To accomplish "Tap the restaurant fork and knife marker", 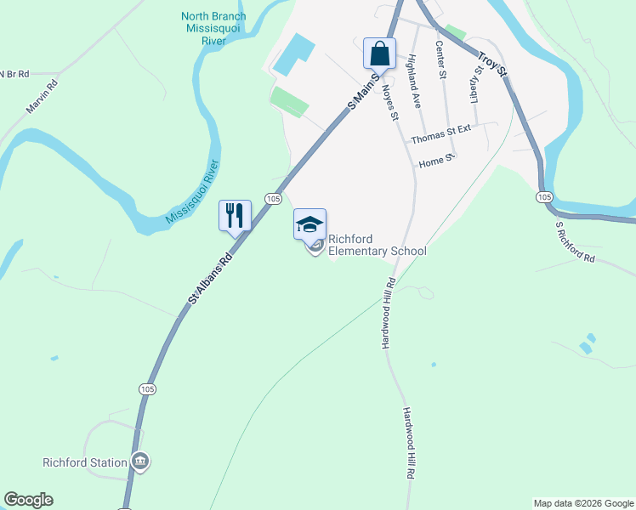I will tap(235, 215).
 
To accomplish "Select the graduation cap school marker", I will tap(309, 224).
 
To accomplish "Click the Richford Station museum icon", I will tap(141, 462).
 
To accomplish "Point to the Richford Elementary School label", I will tap(377, 245).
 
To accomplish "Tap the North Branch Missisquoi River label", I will tap(213, 28).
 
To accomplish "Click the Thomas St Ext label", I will tap(440, 134).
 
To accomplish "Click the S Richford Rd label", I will tap(576, 243).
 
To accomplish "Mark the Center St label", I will tap(440, 59).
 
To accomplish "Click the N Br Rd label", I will tap(12, 74).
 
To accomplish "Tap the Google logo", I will tap(28, 500).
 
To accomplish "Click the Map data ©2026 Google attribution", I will tap(582, 503).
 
